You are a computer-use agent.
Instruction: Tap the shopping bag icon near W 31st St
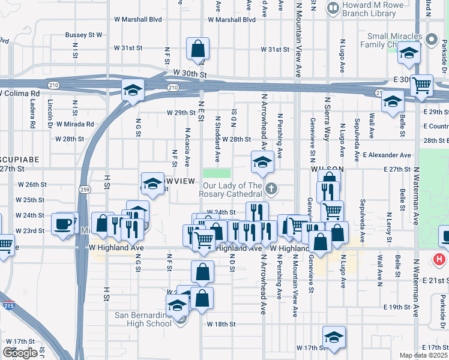pyautogui.click(x=197, y=49)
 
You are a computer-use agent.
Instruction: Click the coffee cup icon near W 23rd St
pyautogui.click(x=62, y=224)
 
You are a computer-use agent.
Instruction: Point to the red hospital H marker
pyautogui.click(x=439, y=260)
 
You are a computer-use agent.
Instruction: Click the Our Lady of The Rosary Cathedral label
pyautogui.click(x=231, y=189)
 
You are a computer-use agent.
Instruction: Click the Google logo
pyautogui.click(x=20, y=352)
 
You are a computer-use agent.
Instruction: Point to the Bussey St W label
pyautogui.click(x=83, y=35)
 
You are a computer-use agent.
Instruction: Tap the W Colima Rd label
pyautogui.click(x=20, y=94)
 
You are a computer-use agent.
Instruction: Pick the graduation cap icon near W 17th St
pyautogui.click(x=334, y=337)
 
